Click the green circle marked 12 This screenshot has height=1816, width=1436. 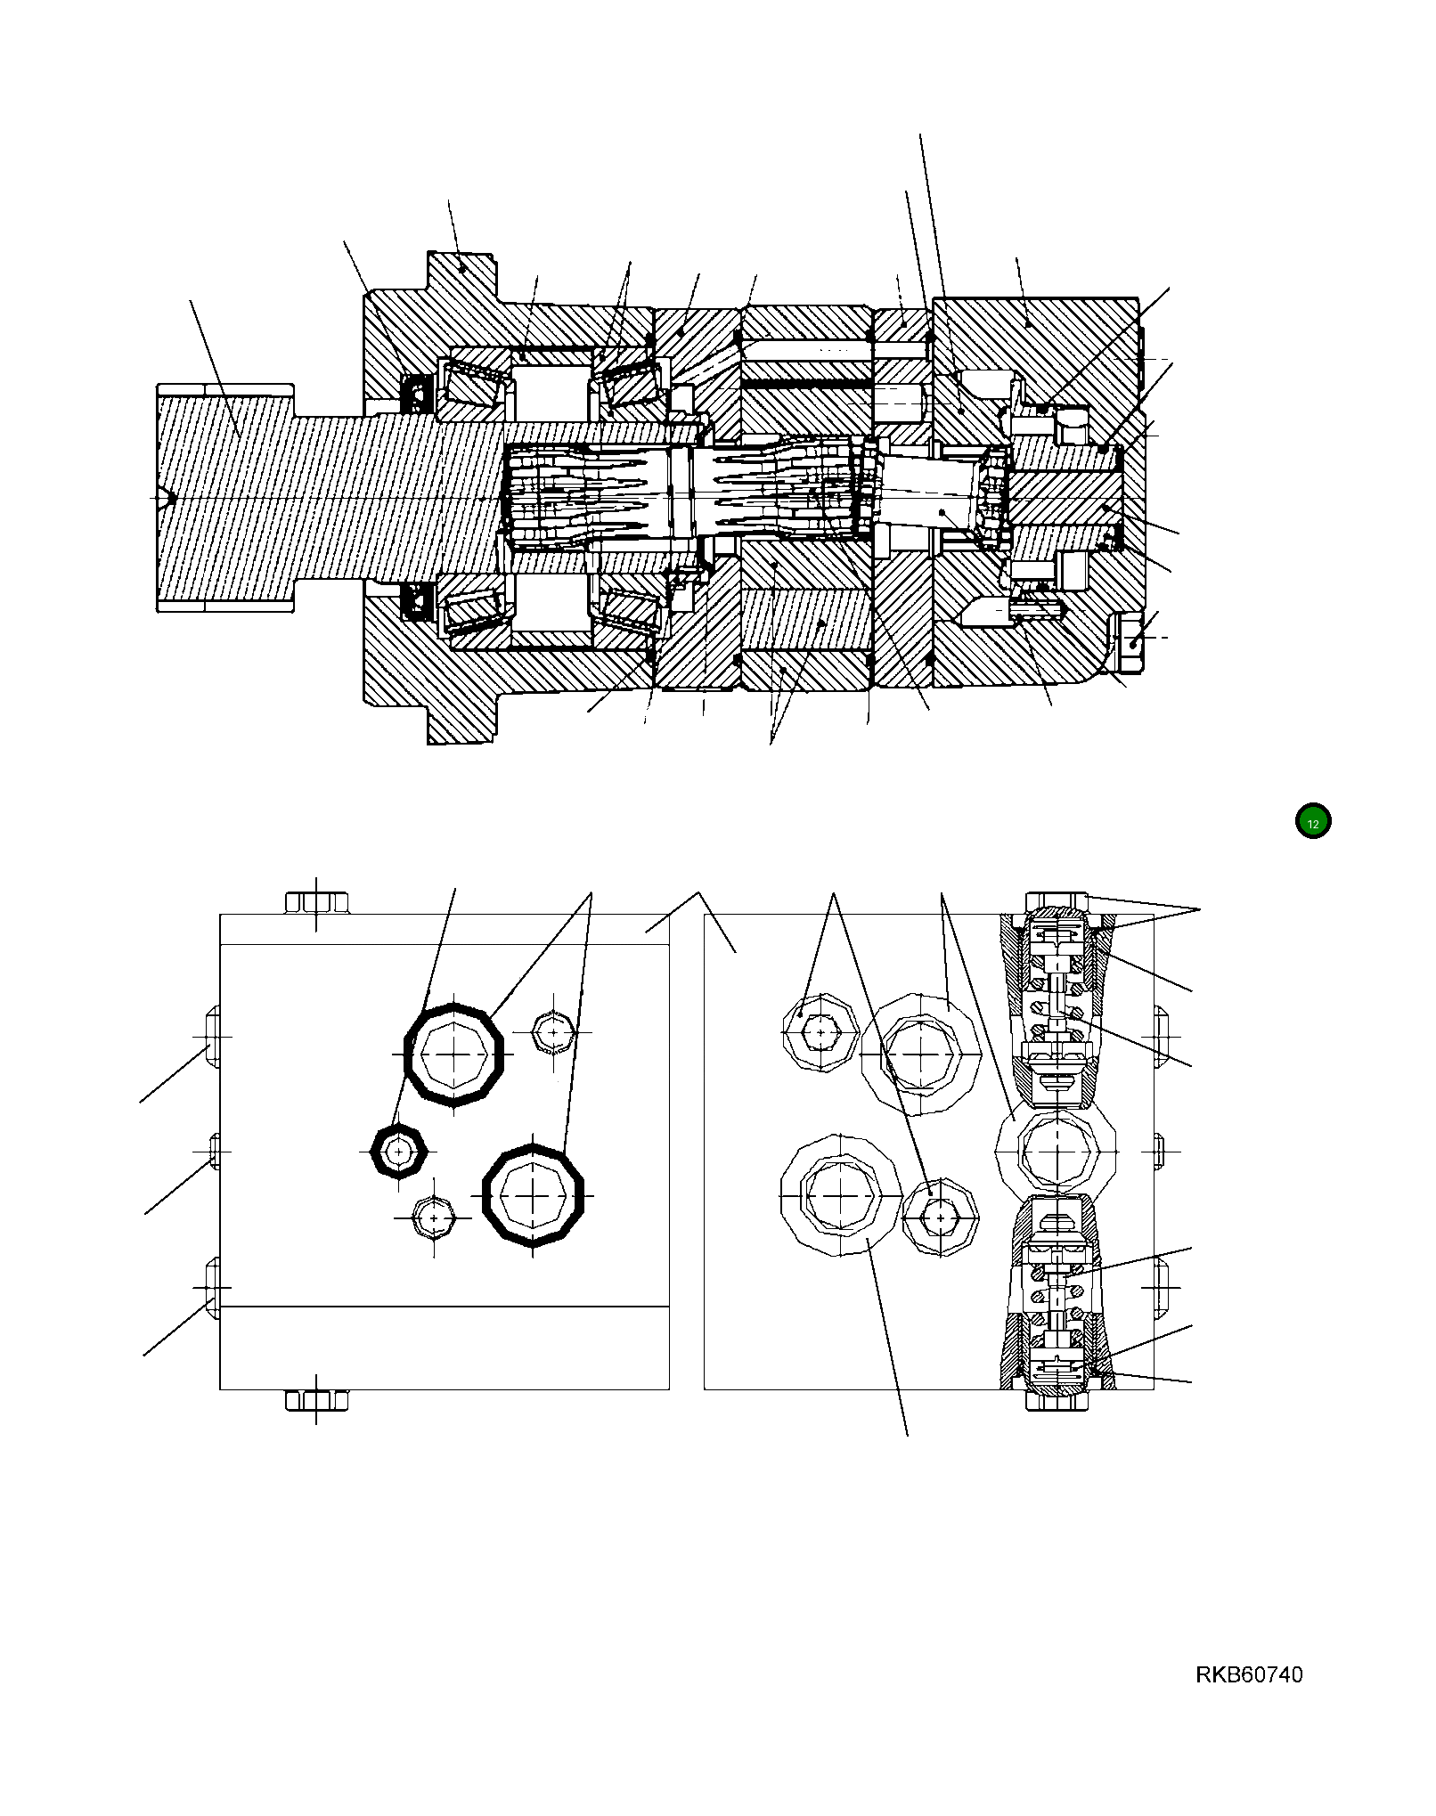point(1312,821)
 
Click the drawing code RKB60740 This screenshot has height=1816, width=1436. point(1248,1674)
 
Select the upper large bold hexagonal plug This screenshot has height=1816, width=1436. point(454,1055)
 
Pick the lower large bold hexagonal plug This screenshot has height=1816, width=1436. point(533,1194)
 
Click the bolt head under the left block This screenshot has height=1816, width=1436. point(316,1400)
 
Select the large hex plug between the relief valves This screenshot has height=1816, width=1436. point(1056,1152)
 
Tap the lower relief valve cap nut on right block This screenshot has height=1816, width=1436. point(1056,1399)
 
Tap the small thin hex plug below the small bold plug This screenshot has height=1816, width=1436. point(435,1217)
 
